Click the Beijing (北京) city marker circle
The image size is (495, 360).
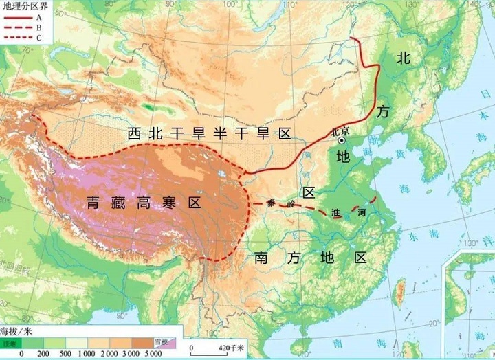click(342, 140)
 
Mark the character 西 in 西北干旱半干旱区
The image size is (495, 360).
click(135, 133)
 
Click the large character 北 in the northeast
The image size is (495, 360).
click(403, 58)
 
